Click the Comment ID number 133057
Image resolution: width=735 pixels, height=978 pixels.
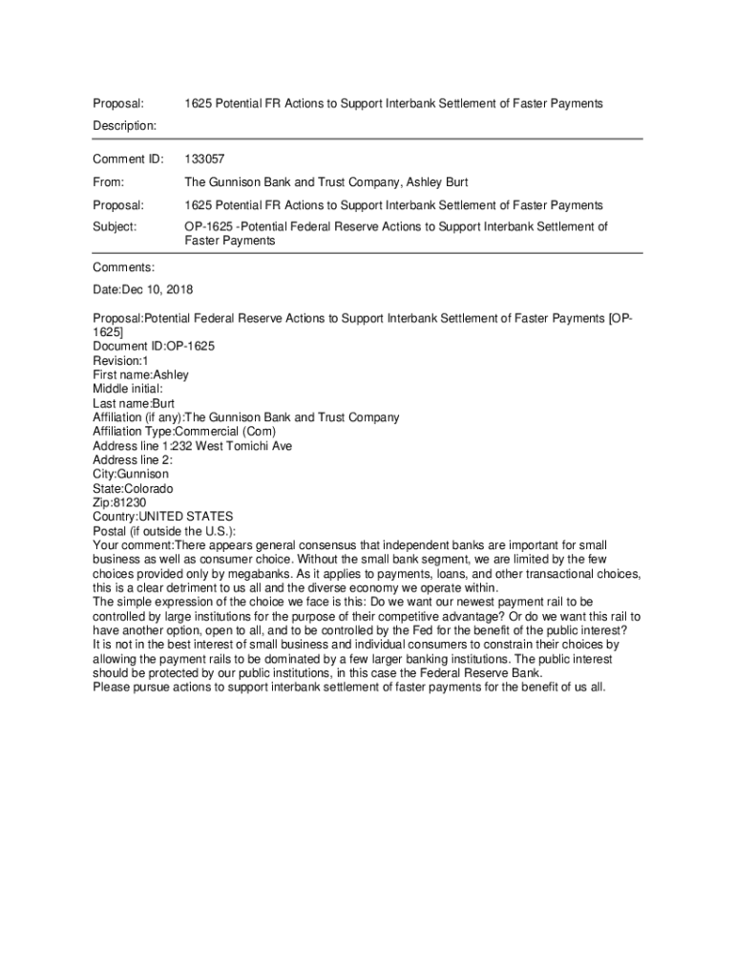click(x=204, y=159)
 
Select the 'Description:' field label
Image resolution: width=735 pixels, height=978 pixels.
click(x=125, y=125)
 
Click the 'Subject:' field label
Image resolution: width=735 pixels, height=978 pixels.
click(x=115, y=226)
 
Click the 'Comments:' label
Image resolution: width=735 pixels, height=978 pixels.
click(x=124, y=267)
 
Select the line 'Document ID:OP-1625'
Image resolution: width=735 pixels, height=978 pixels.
click(x=154, y=346)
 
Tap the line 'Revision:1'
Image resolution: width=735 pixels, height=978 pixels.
click(x=120, y=360)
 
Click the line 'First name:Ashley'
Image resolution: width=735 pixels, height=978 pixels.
click(x=140, y=374)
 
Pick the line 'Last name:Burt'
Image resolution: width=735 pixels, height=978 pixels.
click(x=134, y=403)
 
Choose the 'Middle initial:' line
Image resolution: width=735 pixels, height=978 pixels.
click(x=128, y=389)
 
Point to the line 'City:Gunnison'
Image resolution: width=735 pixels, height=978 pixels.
click(x=131, y=474)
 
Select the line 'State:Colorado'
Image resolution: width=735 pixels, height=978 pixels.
click(x=134, y=488)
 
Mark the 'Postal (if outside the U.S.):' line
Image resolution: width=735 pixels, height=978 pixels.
click(x=164, y=531)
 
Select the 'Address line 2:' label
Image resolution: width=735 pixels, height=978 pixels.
click(x=133, y=459)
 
